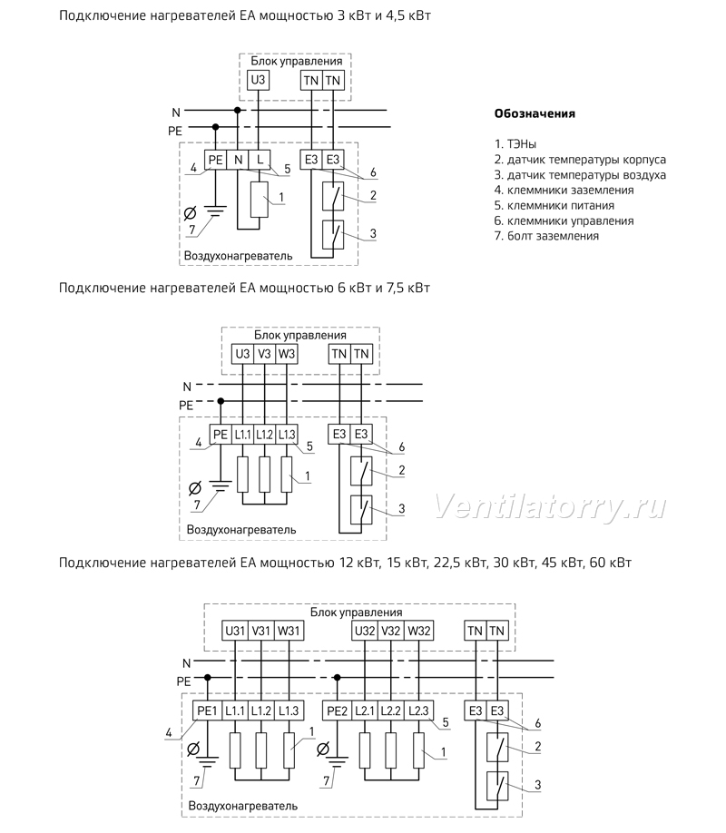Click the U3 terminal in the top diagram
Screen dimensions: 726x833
click(x=258, y=80)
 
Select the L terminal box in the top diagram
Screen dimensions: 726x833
click(x=260, y=160)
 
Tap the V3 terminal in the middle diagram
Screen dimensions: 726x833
click(x=265, y=354)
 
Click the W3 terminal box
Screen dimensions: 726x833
click(x=287, y=354)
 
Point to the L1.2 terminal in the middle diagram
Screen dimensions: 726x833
click(x=265, y=435)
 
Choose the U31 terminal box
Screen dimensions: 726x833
click(x=235, y=632)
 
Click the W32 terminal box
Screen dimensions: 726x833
click(x=418, y=632)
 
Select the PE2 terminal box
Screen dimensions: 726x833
click(x=337, y=710)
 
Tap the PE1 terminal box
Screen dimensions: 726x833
click(x=207, y=710)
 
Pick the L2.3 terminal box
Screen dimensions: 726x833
click(x=418, y=710)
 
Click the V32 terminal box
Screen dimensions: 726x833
click(x=391, y=632)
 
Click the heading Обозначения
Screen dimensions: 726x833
click(x=535, y=113)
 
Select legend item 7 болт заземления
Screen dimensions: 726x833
click(x=546, y=236)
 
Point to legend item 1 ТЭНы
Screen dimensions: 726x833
click(x=515, y=144)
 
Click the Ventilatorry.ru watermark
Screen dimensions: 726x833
click(x=550, y=506)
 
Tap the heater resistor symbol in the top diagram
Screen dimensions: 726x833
click(x=260, y=200)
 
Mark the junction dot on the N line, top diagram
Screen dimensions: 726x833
click(x=238, y=110)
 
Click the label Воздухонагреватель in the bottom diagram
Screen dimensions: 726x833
click(x=243, y=806)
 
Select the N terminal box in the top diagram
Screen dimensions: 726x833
click(x=238, y=160)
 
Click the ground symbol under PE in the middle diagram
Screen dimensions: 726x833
click(x=220, y=485)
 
